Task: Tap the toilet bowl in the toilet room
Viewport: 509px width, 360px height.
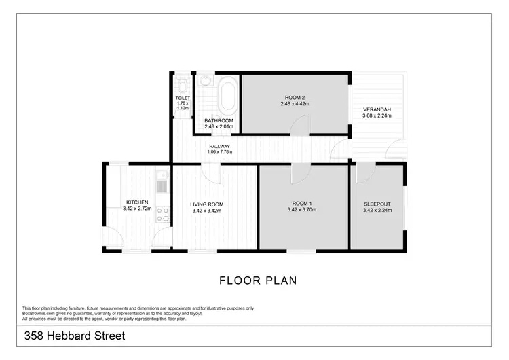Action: (183, 86)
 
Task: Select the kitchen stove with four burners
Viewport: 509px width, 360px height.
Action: (163, 215)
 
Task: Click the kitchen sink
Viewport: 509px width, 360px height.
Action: (163, 184)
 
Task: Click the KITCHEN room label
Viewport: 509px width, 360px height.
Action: (136, 202)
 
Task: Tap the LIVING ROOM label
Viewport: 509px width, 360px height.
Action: (207, 204)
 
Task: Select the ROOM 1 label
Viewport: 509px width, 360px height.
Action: (301, 204)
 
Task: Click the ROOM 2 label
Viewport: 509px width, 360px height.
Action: (295, 98)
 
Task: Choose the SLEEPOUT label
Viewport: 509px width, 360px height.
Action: (377, 204)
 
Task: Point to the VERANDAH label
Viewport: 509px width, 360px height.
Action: (377, 110)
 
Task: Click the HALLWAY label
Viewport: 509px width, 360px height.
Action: (219, 146)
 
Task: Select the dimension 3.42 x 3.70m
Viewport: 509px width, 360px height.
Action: (301, 210)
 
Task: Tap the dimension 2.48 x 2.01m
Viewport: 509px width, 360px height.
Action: (219, 126)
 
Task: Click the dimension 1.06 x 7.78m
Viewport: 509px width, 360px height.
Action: (219, 152)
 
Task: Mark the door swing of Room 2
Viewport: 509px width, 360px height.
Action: (301, 125)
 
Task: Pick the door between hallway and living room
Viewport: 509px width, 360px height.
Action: (214, 173)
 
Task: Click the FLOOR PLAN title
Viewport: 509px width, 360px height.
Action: (258, 280)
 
